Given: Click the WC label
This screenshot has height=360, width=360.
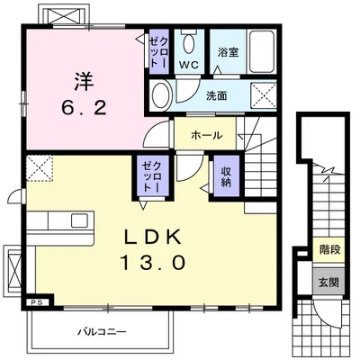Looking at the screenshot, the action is point(189,65).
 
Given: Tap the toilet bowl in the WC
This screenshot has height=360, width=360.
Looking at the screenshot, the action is point(189,43).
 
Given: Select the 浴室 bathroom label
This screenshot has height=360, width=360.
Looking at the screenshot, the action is point(228,52).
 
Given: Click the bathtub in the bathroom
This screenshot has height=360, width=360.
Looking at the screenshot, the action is point(262,51).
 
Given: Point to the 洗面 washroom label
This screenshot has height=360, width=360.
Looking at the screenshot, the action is point(216,96).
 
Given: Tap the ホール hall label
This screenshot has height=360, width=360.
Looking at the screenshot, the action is point(207,136).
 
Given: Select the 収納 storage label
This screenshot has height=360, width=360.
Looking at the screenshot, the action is point(226,176).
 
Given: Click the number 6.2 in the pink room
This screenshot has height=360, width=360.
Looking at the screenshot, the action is point(85,107).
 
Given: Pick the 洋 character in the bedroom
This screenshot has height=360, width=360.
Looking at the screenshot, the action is point(85,82).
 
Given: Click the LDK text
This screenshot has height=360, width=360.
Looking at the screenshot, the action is point(153,237).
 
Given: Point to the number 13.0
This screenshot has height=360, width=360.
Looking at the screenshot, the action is point(153,262).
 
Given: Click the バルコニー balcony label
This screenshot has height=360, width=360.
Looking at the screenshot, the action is point(103,332).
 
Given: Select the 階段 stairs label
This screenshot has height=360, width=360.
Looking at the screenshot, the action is point(329,249).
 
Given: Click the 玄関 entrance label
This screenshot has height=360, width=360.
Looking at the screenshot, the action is point(328,283).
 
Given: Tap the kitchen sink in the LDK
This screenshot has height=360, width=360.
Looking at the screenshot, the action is point(80,220).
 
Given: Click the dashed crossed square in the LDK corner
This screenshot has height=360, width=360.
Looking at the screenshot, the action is point(40,168).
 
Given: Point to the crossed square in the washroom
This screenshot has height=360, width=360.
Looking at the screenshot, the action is point(263,95).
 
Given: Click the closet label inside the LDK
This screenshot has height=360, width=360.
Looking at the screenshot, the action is point(152,176).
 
